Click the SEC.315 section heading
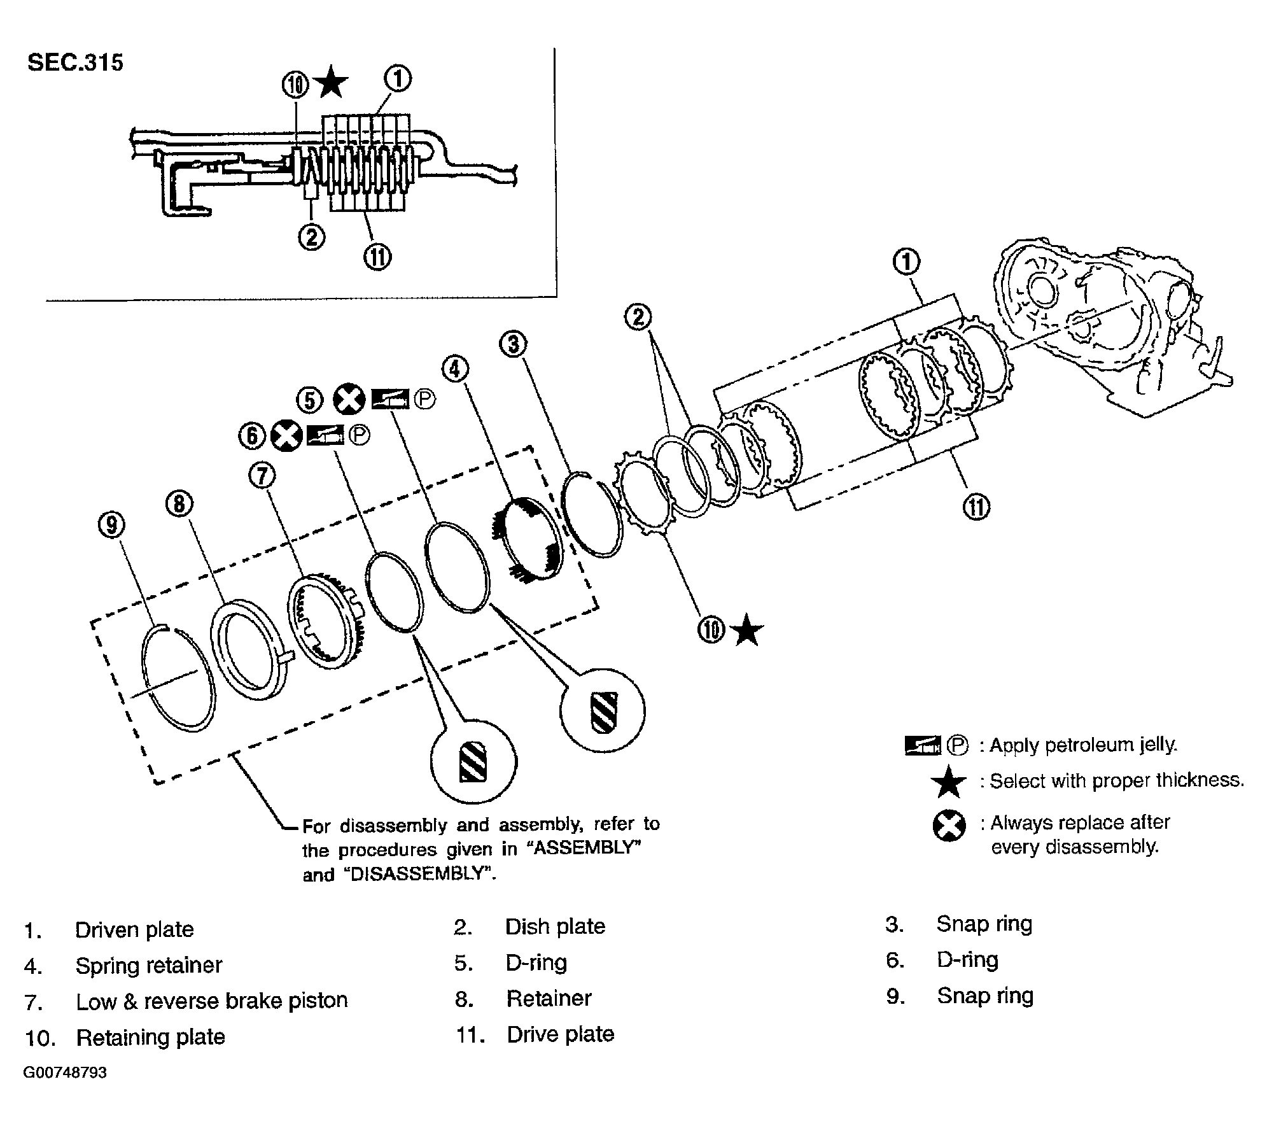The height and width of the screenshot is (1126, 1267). (x=75, y=63)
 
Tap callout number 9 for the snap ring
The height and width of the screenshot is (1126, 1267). (x=112, y=525)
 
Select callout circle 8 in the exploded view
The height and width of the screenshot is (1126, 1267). (x=179, y=504)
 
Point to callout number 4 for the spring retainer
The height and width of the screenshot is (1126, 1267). (x=456, y=369)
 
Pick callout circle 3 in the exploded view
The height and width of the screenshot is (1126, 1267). (x=514, y=344)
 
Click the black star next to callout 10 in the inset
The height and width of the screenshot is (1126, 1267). (x=331, y=83)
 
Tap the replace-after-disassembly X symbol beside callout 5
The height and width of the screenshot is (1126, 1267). (x=350, y=399)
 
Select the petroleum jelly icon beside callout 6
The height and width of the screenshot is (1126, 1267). (x=325, y=435)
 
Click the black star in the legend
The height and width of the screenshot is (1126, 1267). (x=948, y=782)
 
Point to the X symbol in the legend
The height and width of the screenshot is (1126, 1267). (x=949, y=826)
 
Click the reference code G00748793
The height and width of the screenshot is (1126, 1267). (x=65, y=1073)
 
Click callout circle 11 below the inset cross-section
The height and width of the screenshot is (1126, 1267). (x=377, y=257)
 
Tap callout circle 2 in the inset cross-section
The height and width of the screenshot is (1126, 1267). (x=311, y=237)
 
